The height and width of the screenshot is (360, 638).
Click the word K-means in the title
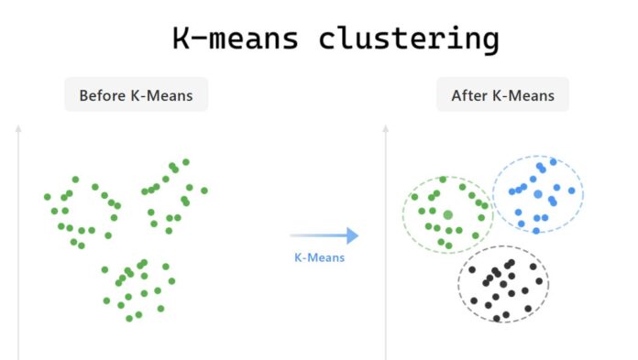tap(236, 38)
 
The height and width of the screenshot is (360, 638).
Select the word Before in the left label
tap(103, 95)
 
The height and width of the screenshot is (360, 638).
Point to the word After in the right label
tap(467, 95)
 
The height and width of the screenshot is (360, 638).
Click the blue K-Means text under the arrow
tap(319, 257)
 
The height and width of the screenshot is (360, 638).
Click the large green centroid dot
tap(448, 214)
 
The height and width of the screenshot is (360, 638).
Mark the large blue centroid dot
tap(537, 194)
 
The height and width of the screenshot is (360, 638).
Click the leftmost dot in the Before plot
tap(48, 196)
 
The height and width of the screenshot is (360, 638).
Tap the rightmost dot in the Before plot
tap(203, 191)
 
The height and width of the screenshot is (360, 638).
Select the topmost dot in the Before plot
tap(186, 161)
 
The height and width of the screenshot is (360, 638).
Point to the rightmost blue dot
tap(572, 191)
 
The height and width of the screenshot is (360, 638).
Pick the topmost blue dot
tap(553, 161)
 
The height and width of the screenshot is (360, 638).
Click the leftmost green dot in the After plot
tap(414, 196)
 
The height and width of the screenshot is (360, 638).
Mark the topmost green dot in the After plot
tap(443, 180)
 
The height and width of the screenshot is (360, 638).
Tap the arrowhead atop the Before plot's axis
tap(18, 128)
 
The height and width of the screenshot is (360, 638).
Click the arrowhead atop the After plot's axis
tap(386, 128)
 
